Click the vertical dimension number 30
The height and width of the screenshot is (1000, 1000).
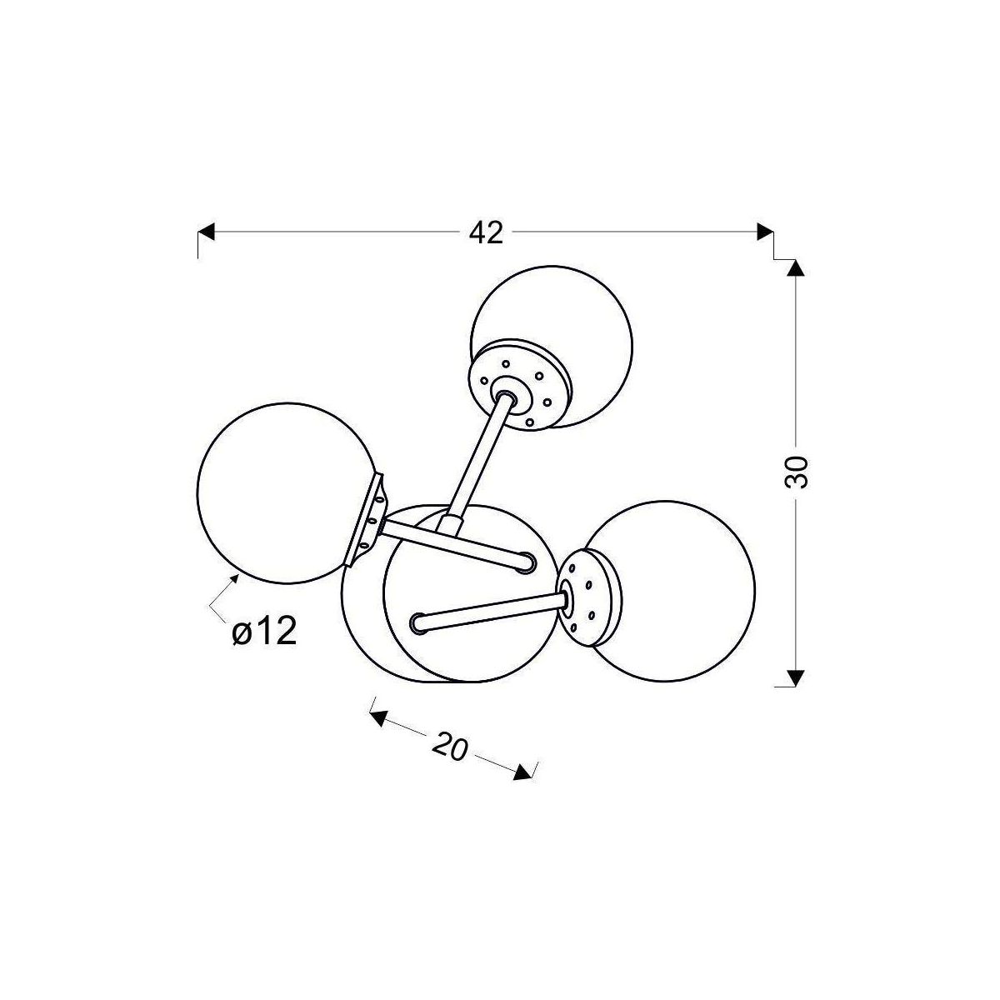point(795,472)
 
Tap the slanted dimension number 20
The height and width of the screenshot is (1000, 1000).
point(450,747)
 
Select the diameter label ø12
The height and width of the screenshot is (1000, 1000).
point(264,632)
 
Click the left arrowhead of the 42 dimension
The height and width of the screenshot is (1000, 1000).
point(206,232)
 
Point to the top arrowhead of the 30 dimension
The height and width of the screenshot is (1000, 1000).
point(796,267)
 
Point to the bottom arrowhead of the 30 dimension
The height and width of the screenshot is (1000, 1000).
point(796,678)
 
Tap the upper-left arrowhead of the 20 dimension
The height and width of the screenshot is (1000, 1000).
point(378,718)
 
